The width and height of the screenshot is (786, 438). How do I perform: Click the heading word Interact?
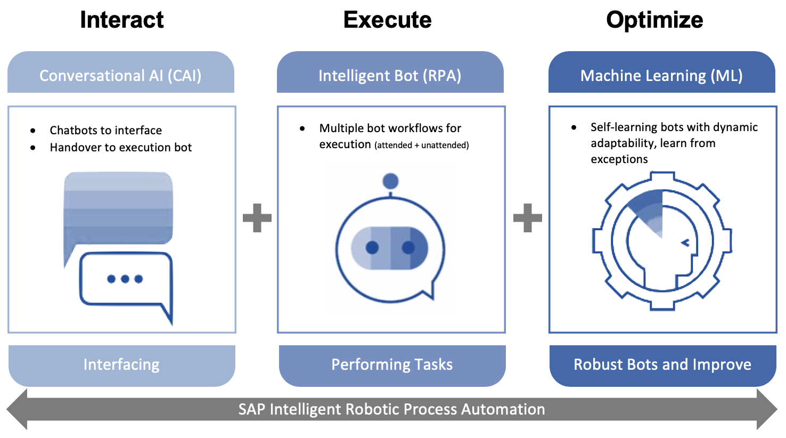tap(121, 20)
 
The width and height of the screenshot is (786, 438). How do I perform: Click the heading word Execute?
tap(387, 20)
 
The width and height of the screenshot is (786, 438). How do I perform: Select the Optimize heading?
tap(654, 20)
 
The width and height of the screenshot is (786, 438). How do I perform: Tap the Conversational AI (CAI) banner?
tap(121, 75)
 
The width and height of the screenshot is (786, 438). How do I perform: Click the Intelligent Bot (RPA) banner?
tap(390, 75)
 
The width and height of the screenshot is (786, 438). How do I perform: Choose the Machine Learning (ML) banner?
tap(661, 75)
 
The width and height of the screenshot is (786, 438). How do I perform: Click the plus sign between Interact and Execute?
tap(257, 217)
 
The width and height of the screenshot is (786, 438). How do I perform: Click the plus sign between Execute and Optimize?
tap(527, 217)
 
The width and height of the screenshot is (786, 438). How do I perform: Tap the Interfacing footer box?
tap(121, 365)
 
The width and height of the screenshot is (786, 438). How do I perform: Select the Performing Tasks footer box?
tap(392, 365)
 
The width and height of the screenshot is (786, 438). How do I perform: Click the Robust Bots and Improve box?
tap(662, 365)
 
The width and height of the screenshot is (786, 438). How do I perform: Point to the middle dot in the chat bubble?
tap(125, 279)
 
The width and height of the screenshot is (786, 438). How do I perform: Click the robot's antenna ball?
tap(390, 181)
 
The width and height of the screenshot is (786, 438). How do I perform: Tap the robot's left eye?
tap(372, 248)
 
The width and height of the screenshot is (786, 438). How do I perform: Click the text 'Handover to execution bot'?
tap(120, 148)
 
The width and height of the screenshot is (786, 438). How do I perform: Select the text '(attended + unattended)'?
tap(421, 145)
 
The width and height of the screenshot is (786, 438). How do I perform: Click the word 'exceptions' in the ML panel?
tap(619, 159)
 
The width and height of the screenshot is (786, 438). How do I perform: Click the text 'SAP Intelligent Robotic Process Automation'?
tap(391, 409)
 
